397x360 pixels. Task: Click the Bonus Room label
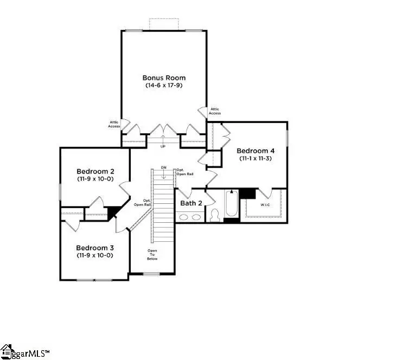163,78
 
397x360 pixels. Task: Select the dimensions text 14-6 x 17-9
163,86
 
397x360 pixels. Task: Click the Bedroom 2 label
94,170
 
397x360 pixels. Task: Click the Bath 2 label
191,203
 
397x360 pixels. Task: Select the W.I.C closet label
266,205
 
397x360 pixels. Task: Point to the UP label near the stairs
163,146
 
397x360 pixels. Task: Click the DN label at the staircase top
163,167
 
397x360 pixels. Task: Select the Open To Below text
152,255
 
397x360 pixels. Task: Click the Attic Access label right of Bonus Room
215,111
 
